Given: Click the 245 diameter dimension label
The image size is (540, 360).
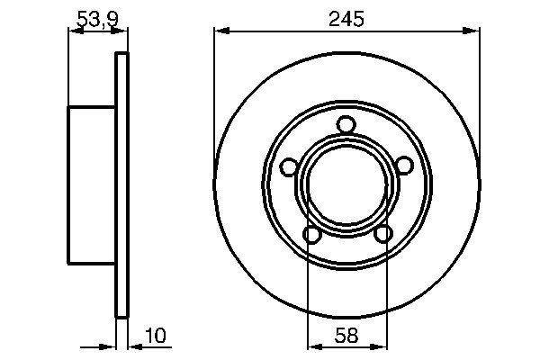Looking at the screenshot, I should [346, 19].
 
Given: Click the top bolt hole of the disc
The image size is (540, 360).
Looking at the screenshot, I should [346, 125].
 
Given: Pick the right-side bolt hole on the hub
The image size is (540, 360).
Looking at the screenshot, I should [404, 166].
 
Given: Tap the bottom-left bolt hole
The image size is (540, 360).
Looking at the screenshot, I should [311, 235].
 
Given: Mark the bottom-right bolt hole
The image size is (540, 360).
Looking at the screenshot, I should [382, 235].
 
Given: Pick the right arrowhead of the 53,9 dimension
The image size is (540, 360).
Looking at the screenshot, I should [122, 32].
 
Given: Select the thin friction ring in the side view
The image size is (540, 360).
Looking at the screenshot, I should [121, 184].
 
